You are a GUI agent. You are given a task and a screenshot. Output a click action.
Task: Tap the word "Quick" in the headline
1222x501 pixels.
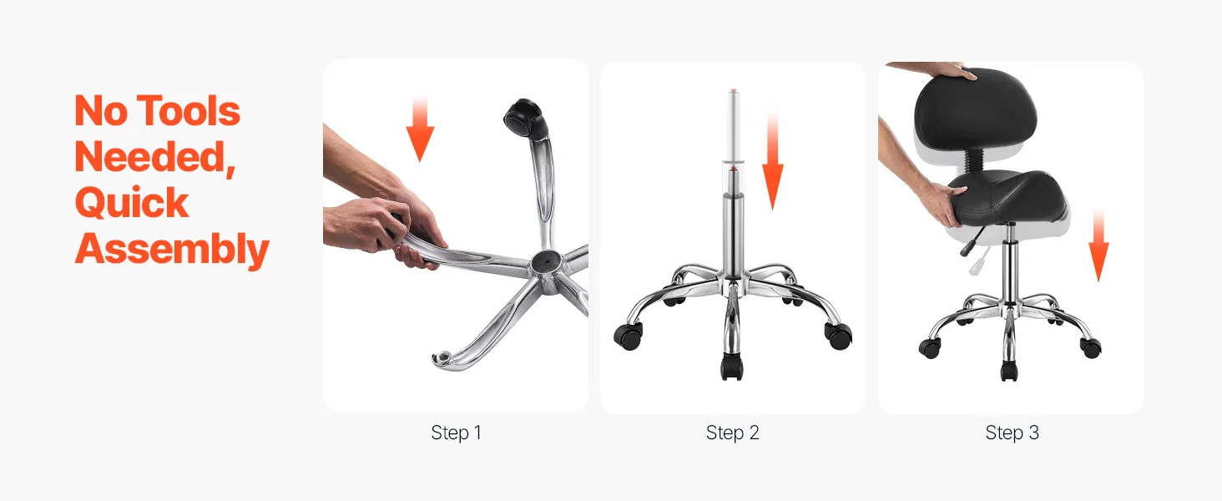coord(132,202)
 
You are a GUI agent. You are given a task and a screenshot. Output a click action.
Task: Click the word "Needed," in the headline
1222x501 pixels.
coord(155,158)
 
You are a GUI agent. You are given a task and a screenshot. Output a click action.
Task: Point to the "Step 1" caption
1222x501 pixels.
coord(456,433)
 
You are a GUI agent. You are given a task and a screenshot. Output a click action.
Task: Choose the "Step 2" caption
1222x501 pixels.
coord(732,433)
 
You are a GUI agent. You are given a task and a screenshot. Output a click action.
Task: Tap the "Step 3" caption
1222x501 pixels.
coord(1012,433)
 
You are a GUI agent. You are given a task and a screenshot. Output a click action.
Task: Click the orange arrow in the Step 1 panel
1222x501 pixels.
coord(420,129)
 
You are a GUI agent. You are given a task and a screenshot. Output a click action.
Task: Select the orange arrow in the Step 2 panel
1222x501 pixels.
coord(772,161)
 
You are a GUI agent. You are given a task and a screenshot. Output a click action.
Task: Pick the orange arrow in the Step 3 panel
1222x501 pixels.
coord(1098,245)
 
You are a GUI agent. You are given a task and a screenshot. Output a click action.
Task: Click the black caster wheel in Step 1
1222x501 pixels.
coord(525,118)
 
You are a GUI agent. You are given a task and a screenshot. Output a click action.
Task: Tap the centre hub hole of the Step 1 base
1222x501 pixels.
coord(544,261)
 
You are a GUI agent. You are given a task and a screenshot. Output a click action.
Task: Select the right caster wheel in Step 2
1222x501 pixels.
coord(838,335)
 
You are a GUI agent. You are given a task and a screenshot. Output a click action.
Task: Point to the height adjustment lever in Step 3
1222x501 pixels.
coord(972,241)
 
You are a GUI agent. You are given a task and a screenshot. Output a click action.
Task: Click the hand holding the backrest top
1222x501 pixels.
coord(934,71)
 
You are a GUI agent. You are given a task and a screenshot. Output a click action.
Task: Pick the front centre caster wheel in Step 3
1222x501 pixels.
coord(1008,371)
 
